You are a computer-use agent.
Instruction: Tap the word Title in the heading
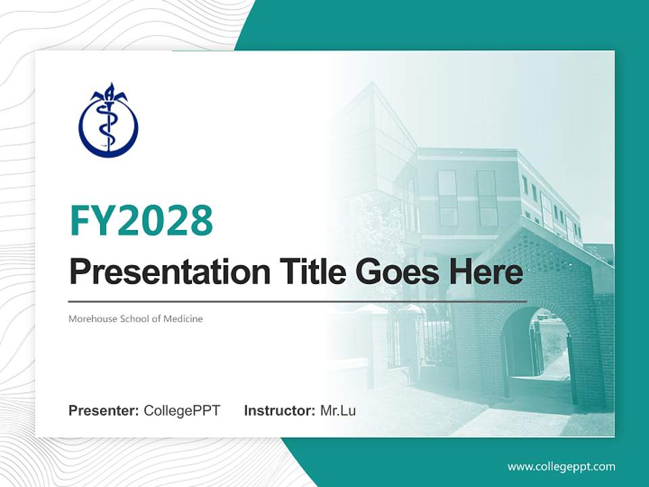[311, 272]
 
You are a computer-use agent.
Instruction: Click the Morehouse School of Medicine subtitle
[135, 318]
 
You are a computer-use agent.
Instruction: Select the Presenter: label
[104, 411]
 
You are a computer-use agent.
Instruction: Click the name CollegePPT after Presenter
[182, 411]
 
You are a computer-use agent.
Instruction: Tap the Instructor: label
[279, 411]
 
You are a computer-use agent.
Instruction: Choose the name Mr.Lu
[338, 411]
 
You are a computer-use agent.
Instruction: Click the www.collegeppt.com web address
[561, 466]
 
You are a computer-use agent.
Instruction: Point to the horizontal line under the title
[297, 301]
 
